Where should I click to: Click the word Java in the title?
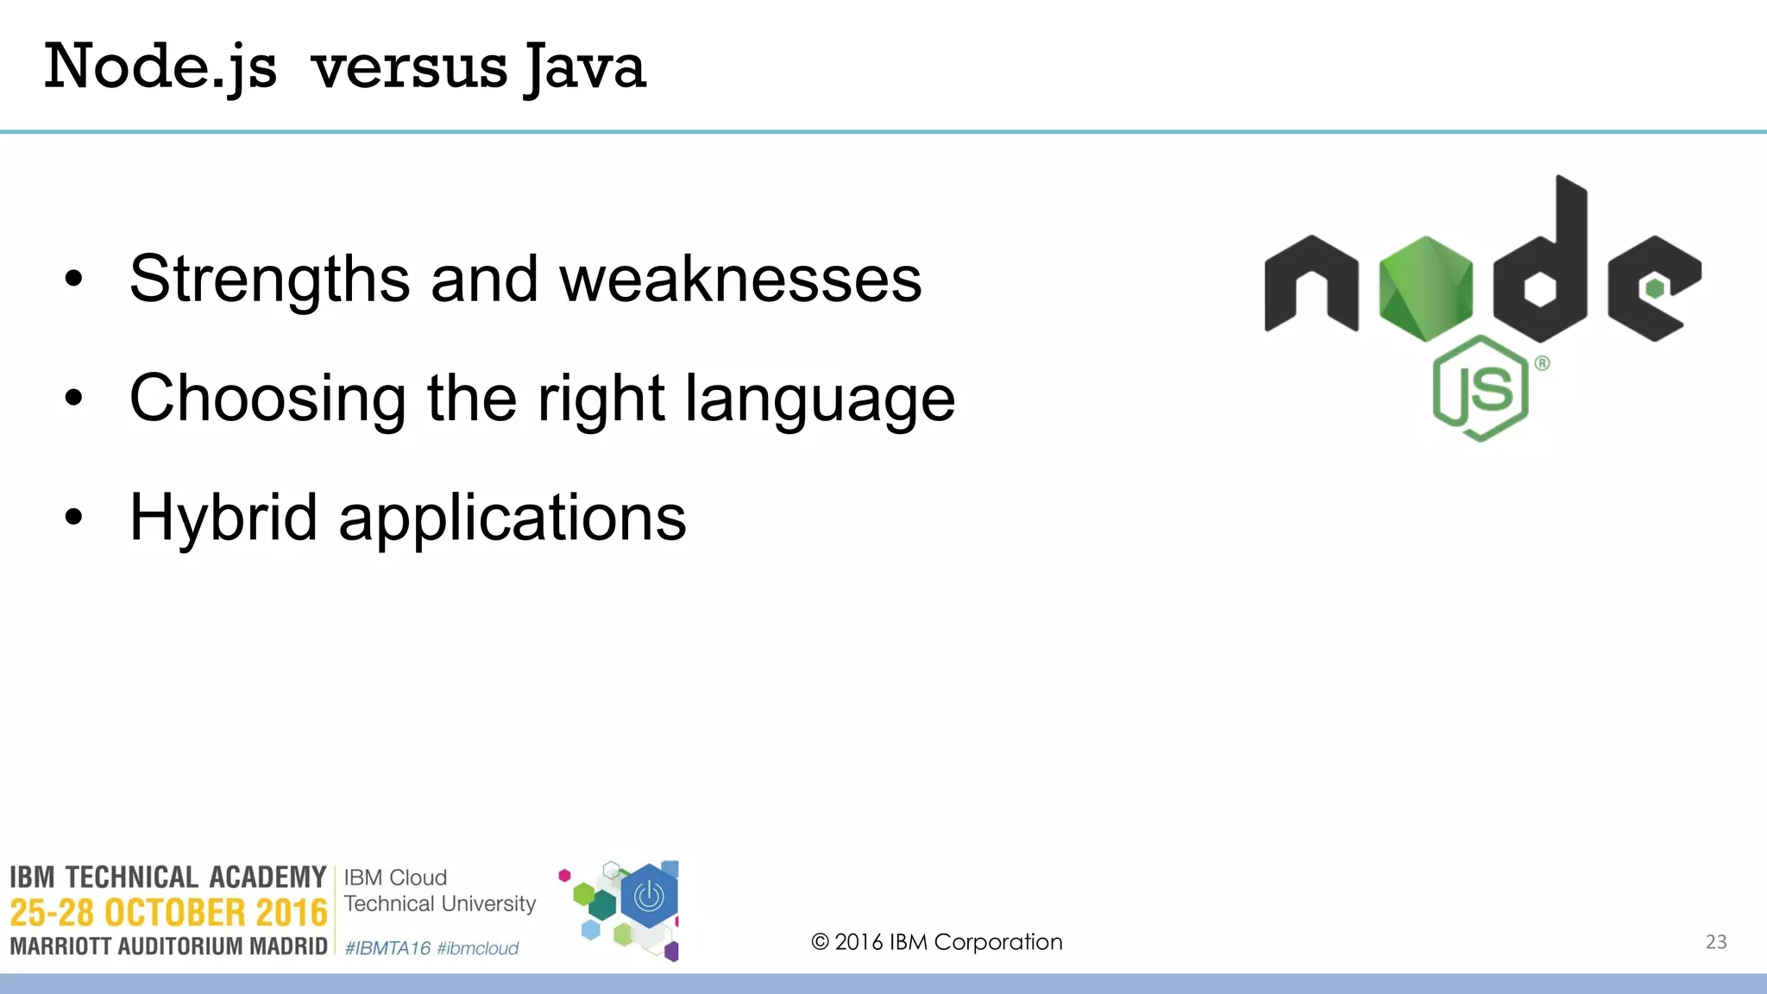tap(586, 67)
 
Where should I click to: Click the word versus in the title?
tap(409, 67)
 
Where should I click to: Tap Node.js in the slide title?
tap(160, 67)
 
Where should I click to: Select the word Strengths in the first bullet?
tap(269, 279)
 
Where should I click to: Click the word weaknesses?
tap(740, 279)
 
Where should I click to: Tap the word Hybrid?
tap(223, 517)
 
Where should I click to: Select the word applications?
tap(512, 517)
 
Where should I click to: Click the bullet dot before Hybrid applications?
tap(74, 517)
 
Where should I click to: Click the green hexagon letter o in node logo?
tap(1425, 288)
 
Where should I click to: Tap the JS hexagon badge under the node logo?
tap(1481, 388)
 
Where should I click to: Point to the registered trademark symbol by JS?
tap(1542, 363)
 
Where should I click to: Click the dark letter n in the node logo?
tap(1311, 285)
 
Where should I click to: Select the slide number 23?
tap(1716, 941)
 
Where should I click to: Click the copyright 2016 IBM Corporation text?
tap(937, 941)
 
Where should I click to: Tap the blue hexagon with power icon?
tap(649, 897)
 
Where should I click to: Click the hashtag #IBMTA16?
tap(387, 948)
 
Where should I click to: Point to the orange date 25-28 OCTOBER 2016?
tap(169, 912)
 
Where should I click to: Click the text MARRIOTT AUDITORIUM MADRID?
tap(169, 947)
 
